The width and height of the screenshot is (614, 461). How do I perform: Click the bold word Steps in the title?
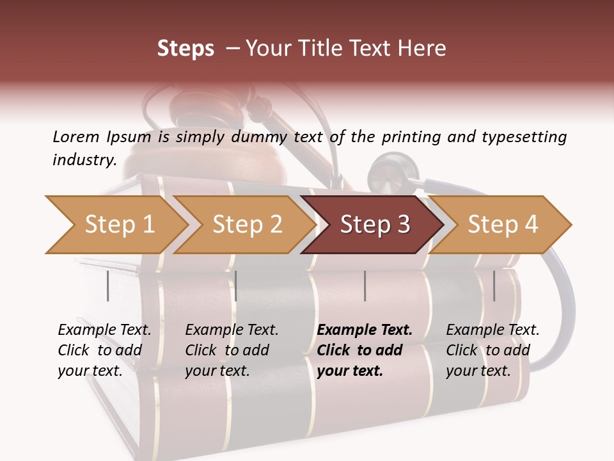(x=185, y=48)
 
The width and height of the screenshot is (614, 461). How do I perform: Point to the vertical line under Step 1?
(x=108, y=286)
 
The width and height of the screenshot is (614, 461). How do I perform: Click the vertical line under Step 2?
(x=236, y=286)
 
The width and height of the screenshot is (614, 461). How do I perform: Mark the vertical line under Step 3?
(x=365, y=286)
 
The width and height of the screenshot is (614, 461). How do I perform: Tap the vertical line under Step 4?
(x=494, y=286)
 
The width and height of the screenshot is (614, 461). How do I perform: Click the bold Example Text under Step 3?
(x=365, y=330)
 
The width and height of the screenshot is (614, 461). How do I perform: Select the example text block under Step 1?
(x=104, y=350)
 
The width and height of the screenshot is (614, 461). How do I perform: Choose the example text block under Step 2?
(x=232, y=350)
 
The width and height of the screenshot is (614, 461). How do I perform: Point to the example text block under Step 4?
(x=492, y=350)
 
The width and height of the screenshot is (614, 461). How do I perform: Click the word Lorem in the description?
(x=75, y=137)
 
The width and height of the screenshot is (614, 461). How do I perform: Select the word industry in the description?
(x=83, y=160)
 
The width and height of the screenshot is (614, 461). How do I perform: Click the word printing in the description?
(x=409, y=137)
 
